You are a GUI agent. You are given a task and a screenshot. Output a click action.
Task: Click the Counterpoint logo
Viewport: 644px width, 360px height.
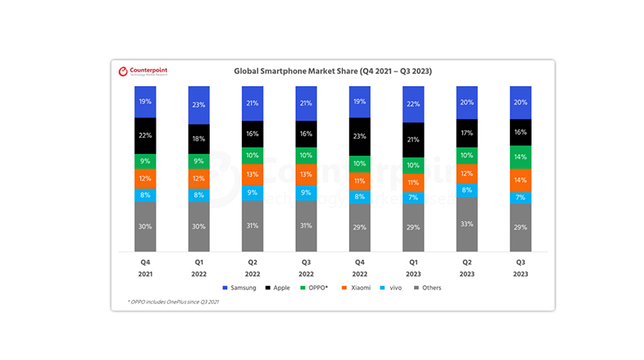click(x=144, y=71)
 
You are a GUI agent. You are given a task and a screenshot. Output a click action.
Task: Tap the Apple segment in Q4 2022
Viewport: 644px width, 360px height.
click(x=359, y=137)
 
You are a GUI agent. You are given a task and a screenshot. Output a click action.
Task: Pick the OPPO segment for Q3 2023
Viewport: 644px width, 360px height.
click(x=520, y=157)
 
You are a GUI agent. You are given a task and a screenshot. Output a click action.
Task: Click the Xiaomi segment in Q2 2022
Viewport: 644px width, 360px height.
click(x=252, y=174)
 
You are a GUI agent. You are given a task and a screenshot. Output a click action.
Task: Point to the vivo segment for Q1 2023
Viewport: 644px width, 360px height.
click(x=413, y=198)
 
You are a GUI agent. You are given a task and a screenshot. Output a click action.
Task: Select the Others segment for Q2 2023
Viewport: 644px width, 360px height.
click(x=467, y=224)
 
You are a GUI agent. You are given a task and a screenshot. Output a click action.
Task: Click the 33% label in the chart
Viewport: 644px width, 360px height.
click(x=467, y=224)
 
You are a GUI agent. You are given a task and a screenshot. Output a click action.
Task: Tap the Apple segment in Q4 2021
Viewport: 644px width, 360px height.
click(x=145, y=135)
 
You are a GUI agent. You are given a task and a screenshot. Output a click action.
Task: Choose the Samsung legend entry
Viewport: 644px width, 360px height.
click(x=240, y=287)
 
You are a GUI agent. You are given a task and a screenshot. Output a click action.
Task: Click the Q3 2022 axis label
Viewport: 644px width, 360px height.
click(x=306, y=268)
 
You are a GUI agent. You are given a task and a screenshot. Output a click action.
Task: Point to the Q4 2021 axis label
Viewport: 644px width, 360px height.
click(x=145, y=268)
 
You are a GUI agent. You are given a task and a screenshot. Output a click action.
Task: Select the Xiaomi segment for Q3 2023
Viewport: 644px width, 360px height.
click(x=520, y=180)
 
